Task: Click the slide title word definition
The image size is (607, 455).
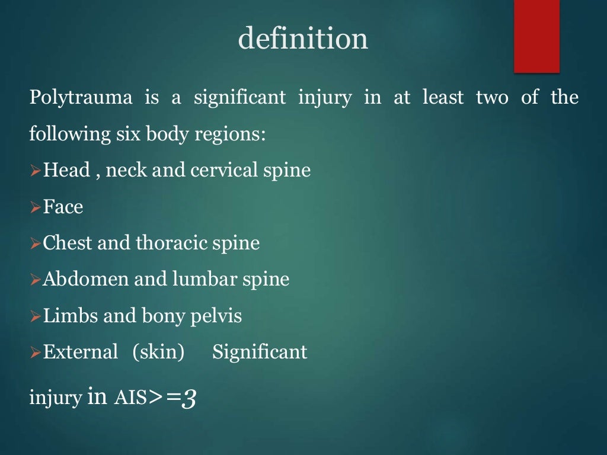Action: pos(303,39)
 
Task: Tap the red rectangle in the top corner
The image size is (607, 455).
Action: pos(536,36)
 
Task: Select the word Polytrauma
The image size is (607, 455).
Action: pos(81,97)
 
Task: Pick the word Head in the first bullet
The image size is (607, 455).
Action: pos(66,171)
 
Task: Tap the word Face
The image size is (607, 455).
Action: pos(63,207)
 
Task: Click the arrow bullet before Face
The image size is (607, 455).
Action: pos(35,207)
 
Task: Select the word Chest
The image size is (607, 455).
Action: pos(68,243)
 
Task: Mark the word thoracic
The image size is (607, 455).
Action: pos(169,243)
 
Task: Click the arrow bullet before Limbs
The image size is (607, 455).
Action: pos(35,316)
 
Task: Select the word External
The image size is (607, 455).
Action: pos(81,353)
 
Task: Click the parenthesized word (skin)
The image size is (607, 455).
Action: pos(158,353)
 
